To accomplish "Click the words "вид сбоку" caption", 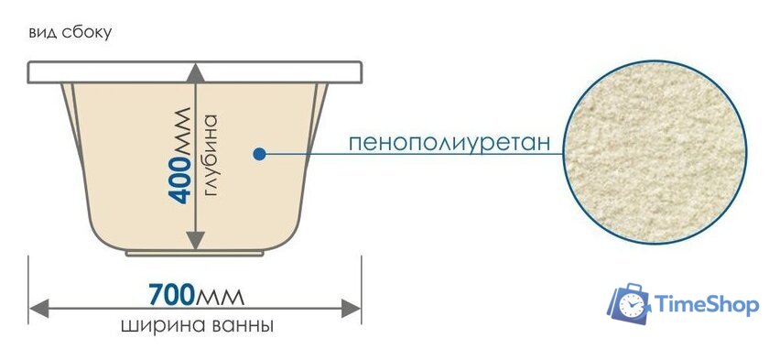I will (70, 33).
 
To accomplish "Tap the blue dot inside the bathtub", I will (260, 155).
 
